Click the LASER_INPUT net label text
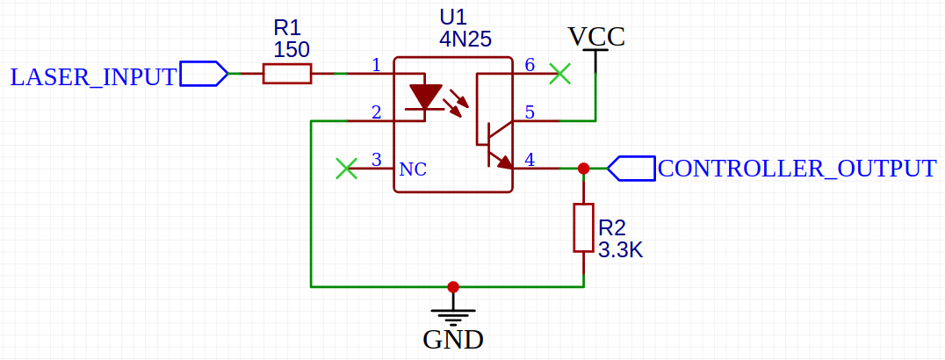pyautogui.click(x=93, y=76)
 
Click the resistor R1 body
pyautogui.click(x=287, y=75)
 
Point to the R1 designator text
pyautogui.click(x=286, y=29)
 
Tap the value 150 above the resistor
pyautogui.click(x=291, y=50)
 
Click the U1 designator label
pyautogui.click(x=453, y=18)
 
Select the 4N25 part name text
pyautogui.click(x=465, y=40)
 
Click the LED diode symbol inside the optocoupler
pyautogui.click(x=427, y=97)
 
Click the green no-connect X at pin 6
pyautogui.click(x=559, y=75)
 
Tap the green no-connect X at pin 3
pyautogui.click(x=347, y=168)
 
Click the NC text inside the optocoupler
pyautogui.click(x=413, y=169)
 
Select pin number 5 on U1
pyautogui.click(x=530, y=112)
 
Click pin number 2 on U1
pyautogui.click(x=376, y=112)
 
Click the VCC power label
pyautogui.click(x=596, y=37)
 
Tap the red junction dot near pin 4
pyautogui.click(x=583, y=168)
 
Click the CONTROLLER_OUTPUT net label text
pyautogui.click(x=797, y=169)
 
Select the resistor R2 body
pyautogui.click(x=583, y=228)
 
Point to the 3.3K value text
pyautogui.click(x=621, y=251)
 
